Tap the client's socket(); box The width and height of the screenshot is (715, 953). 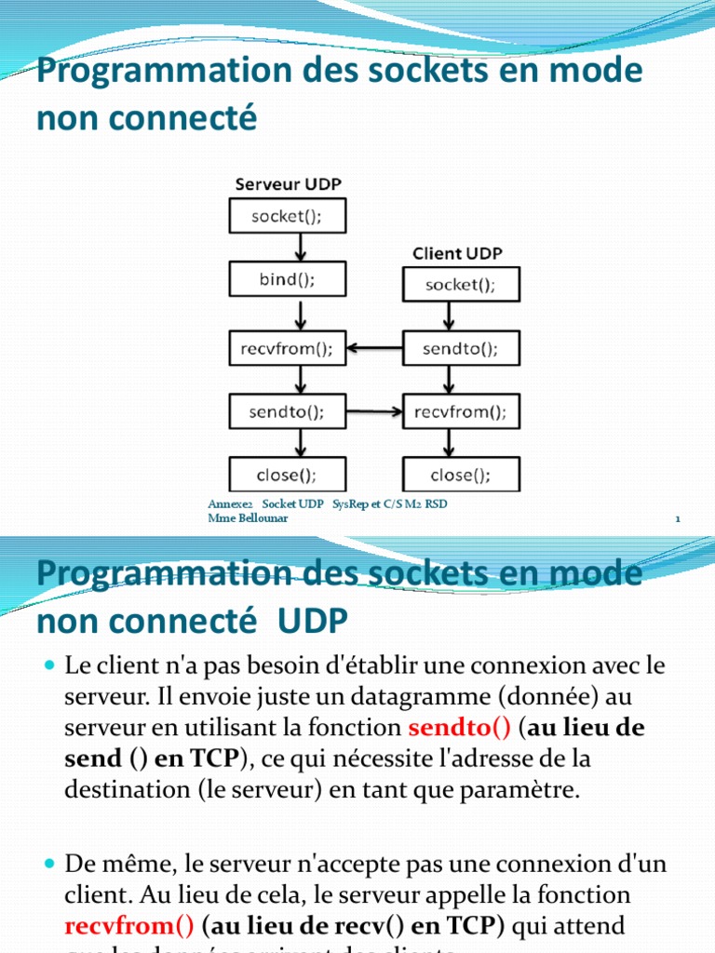coord(460,284)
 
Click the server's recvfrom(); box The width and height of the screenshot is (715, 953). coord(287,348)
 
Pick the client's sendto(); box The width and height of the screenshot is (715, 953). coord(460,348)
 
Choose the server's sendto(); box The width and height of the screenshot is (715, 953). coord(287,410)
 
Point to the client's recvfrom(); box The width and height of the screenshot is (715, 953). coord(460,410)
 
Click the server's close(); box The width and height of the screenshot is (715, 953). coord(287,475)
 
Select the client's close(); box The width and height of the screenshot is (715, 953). coord(460,475)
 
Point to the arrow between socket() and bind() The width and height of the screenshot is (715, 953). coord(300,248)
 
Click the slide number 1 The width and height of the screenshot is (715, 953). coord(679,520)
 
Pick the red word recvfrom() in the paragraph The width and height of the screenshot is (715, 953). coord(129,927)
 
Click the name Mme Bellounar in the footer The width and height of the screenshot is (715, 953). coord(247,518)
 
